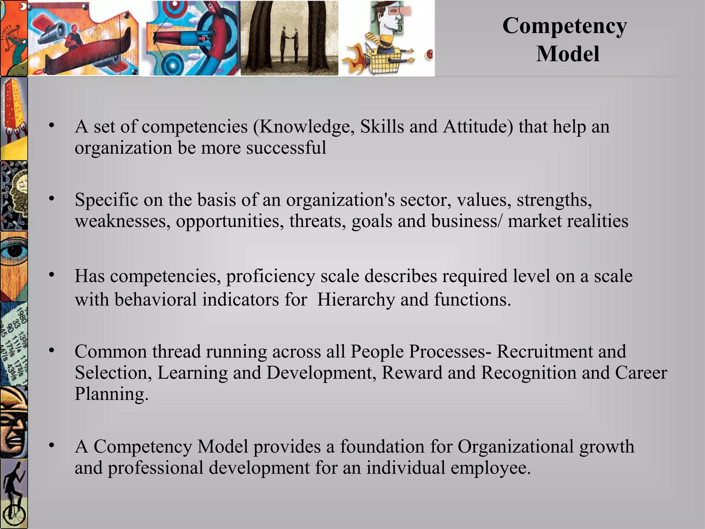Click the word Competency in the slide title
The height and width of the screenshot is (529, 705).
[565, 26]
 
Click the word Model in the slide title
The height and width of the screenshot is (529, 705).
[568, 54]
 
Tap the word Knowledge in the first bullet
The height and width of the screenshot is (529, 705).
[307, 127]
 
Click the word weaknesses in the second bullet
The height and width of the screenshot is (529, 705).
[123, 221]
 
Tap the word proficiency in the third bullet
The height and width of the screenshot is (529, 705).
[271, 276]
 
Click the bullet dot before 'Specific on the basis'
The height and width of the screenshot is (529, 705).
[52, 199]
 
